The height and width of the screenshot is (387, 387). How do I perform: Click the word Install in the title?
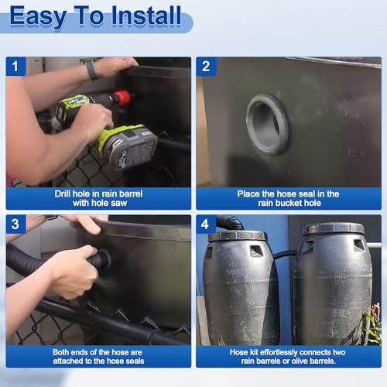point(146,15)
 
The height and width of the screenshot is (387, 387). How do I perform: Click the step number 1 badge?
point(15,67)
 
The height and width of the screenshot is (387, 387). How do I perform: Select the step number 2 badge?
point(206,67)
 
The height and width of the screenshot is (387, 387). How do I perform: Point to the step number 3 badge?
point(15,224)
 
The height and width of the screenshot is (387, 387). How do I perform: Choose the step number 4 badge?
point(205,224)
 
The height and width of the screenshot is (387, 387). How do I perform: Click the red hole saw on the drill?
point(122,98)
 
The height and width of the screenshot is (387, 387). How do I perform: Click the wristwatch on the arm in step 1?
point(91,69)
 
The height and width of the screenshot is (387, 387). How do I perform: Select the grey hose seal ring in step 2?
point(267,125)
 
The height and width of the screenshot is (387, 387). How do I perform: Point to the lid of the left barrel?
point(238,236)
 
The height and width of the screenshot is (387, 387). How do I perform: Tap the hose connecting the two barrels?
point(285,254)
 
